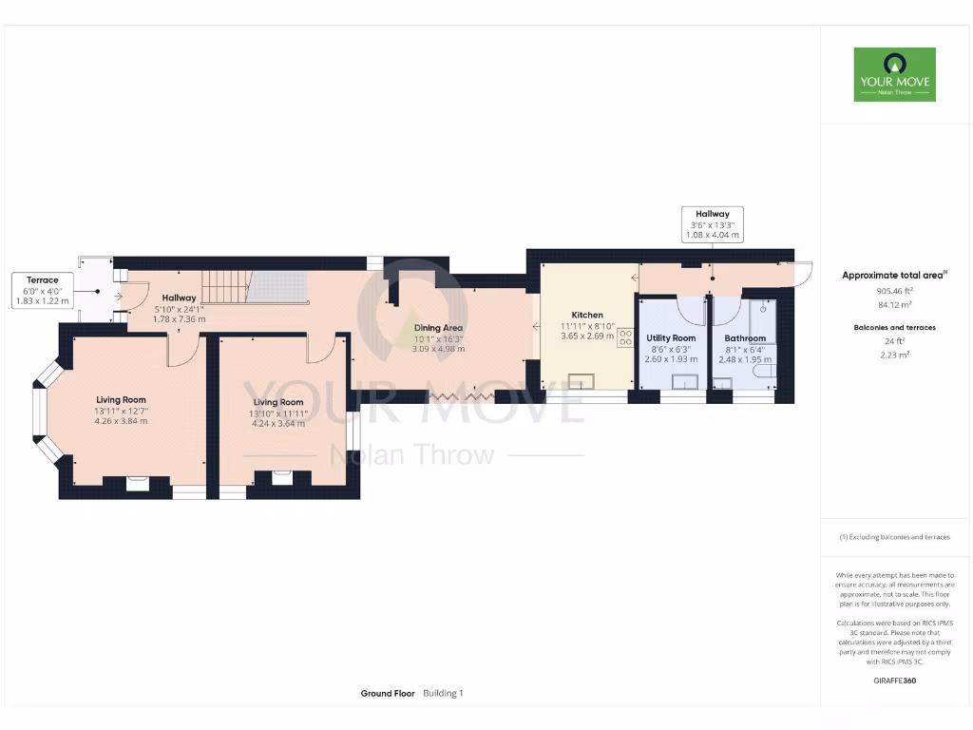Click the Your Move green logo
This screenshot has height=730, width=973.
[x=893, y=74]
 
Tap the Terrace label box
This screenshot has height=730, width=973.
[x=42, y=290]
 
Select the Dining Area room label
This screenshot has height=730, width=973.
[x=439, y=328]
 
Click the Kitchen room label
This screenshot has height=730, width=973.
[x=587, y=315]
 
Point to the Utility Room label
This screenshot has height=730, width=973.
[x=671, y=337]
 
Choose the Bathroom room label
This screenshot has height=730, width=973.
[x=745, y=337]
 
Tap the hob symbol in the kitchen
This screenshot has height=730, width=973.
[x=626, y=336]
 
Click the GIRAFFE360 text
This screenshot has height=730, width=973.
[x=893, y=681]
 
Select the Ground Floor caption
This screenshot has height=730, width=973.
[x=388, y=694]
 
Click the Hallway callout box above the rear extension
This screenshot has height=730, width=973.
[x=713, y=224]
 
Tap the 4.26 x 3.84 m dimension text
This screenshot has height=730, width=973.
[x=121, y=420]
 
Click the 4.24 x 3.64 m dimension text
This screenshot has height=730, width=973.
[x=277, y=423]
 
